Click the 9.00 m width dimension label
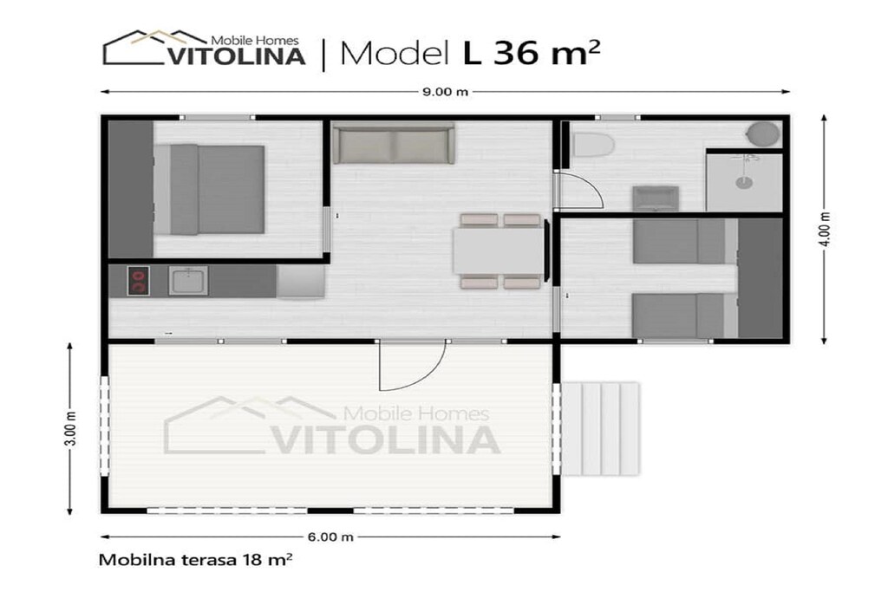pyautogui.click(x=445, y=92)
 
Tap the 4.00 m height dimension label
pyautogui.click(x=826, y=229)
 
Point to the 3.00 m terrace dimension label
pyautogui.click(x=70, y=428)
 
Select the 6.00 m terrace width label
pyautogui.click(x=330, y=537)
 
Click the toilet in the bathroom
pyautogui.click(x=593, y=145)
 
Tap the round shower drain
pyautogui.click(x=743, y=182)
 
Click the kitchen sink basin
pyautogui.click(x=188, y=281)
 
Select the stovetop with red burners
pyautogui.click(x=138, y=281)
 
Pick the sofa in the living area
pyautogui.click(x=394, y=142)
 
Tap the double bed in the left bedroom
pyautogui.click(x=210, y=189)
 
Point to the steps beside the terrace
pyautogui.click(x=600, y=429)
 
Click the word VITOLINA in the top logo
pyautogui.click(x=238, y=56)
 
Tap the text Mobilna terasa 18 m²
pyautogui.click(x=195, y=560)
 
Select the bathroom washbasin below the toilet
pyautogui.click(x=656, y=198)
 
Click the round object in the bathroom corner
pyautogui.click(x=763, y=134)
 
